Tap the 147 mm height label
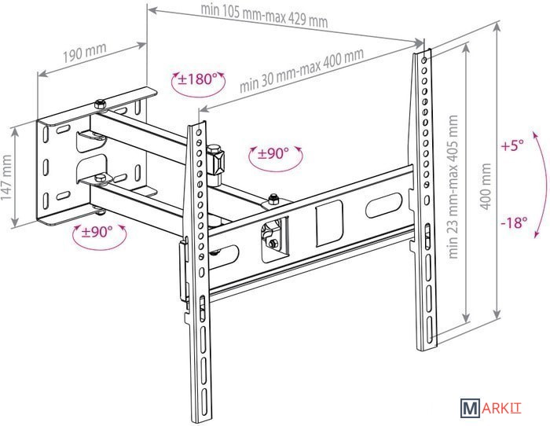(7, 178)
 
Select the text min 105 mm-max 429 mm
(264, 15)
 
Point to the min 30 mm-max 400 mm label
(302, 71)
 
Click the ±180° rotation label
(196, 79)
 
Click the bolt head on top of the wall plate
(100, 104)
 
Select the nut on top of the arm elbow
(273, 198)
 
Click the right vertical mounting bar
(424, 196)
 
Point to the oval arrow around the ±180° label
(196, 91)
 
